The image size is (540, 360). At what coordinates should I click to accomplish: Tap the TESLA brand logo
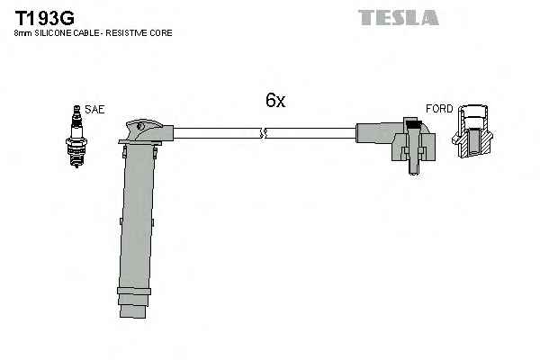tap(399, 17)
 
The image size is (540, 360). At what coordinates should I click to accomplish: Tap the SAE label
tap(96, 109)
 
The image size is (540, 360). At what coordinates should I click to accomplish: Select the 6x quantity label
tap(274, 101)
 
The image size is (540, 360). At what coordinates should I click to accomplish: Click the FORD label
tap(439, 109)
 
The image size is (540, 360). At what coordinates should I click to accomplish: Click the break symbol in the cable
tap(263, 135)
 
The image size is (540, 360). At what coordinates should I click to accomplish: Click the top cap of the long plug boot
tap(144, 130)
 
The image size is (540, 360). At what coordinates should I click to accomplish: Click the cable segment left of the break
tap(216, 135)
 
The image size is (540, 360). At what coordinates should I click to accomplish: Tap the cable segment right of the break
tap(310, 135)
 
